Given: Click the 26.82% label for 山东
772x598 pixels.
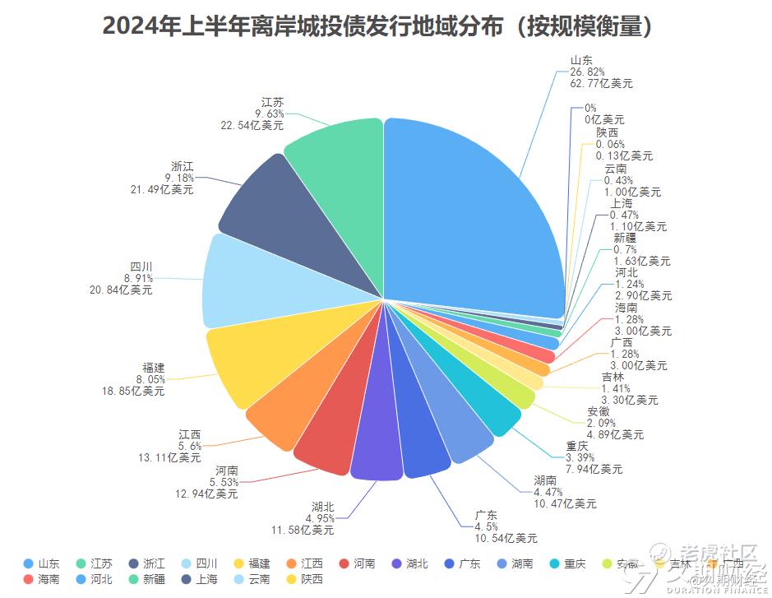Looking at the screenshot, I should [x=587, y=72].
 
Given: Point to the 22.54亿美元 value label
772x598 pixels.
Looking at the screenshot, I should [x=252, y=125].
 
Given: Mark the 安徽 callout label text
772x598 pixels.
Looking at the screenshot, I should [x=599, y=411].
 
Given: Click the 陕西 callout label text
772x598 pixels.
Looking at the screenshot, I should [x=608, y=132].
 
